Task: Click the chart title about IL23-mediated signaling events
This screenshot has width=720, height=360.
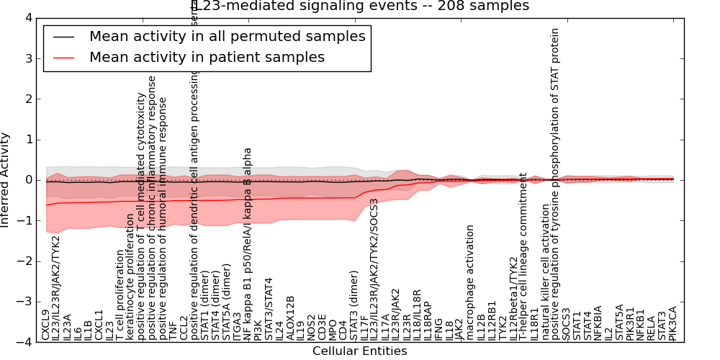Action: pyautogui.click(x=360, y=6)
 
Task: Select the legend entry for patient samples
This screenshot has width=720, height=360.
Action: pyautogui.click(x=207, y=57)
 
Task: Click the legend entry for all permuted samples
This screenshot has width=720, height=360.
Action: pyautogui.click(x=227, y=36)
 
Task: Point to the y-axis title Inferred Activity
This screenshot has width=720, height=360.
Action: pyautogui.click(x=6, y=180)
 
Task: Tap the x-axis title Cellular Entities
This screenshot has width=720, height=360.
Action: pyautogui.click(x=359, y=351)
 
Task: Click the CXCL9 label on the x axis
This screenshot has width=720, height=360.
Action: pyautogui.click(x=46, y=325)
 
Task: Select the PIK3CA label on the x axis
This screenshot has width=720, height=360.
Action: pyautogui.click(x=672, y=323)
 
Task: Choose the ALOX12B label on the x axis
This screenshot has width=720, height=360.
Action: pyautogui.click(x=290, y=318)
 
